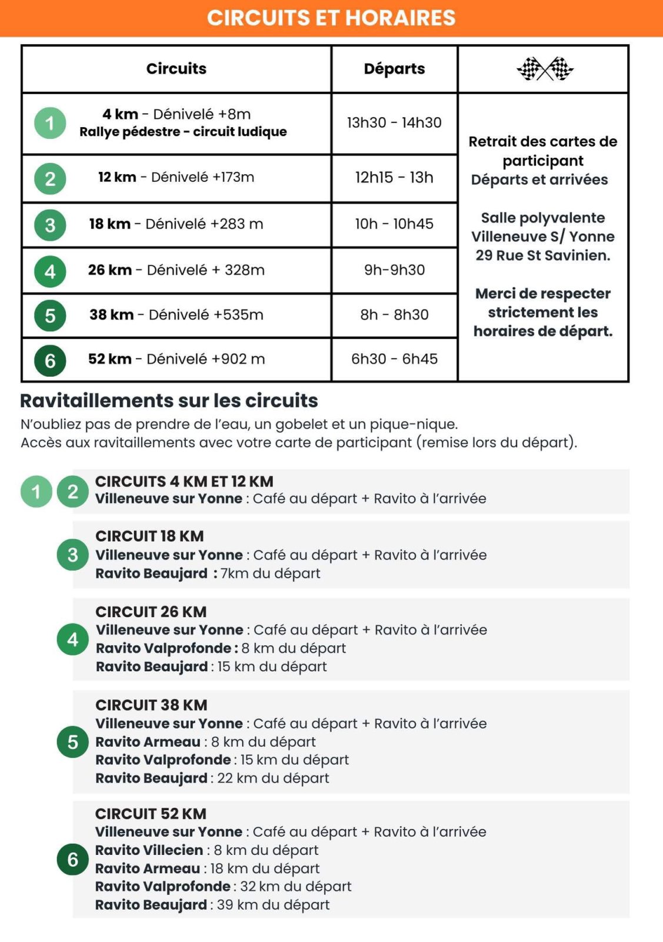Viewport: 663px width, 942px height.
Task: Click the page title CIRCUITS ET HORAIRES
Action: tap(331, 18)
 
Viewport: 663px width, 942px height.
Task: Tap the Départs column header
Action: tap(394, 69)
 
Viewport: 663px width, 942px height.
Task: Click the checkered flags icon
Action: tap(545, 69)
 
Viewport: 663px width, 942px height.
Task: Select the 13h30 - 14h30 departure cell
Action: tap(394, 122)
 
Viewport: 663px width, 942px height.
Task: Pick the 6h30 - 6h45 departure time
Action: tap(394, 359)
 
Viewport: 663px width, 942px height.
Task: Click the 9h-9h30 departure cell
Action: tap(394, 270)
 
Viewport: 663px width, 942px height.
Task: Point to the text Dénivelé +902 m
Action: tap(205, 359)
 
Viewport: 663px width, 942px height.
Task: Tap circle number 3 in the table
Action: tap(50, 225)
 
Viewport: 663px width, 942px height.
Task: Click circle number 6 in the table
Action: tap(50, 360)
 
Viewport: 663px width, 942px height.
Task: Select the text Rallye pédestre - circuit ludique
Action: tap(183, 132)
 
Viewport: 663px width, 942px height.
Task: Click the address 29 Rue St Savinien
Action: tap(543, 256)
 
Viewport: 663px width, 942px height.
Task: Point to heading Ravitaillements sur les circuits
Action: tap(169, 400)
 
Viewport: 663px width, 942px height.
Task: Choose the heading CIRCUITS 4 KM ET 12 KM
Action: tap(184, 482)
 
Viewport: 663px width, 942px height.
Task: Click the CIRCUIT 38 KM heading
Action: tap(151, 705)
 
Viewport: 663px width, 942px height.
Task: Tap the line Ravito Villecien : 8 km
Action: tap(206, 850)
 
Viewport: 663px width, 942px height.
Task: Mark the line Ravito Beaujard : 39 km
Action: tap(212, 905)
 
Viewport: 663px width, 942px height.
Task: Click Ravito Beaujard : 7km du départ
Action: tap(208, 573)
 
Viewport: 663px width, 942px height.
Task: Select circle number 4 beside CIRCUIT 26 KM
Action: tap(72, 639)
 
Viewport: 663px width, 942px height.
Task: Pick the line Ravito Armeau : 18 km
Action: tap(207, 868)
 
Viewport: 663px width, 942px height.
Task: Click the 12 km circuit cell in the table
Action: tap(176, 177)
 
